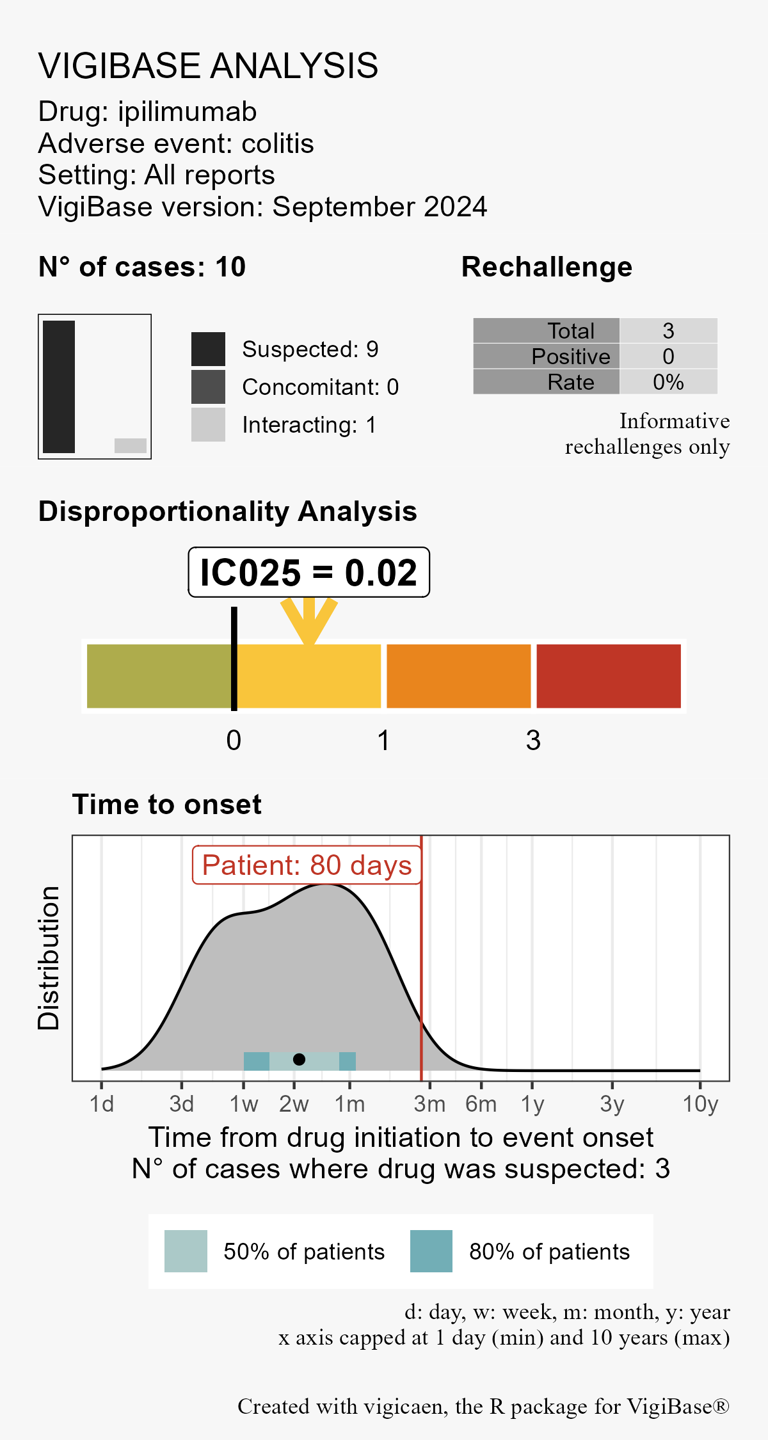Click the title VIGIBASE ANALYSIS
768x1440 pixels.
[x=208, y=66]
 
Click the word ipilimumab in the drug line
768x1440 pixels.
[x=187, y=112]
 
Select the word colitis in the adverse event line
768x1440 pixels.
[x=278, y=144]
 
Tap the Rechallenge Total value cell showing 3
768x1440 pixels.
[x=668, y=331]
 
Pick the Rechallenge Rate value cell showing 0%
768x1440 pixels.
[x=668, y=382]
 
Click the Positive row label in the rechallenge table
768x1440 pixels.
[x=571, y=356]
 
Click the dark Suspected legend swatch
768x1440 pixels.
[x=208, y=349]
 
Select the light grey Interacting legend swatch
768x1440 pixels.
[x=208, y=424]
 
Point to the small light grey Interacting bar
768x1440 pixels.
[x=131, y=445]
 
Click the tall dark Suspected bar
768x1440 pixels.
[x=59, y=387]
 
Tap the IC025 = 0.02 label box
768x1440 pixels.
[x=308, y=572]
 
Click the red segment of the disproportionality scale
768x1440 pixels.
[x=608, y=676]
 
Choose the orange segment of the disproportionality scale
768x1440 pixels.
[x=458, y=676]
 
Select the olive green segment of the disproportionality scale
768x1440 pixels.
[x=159, y=676]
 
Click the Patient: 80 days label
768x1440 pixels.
[x=307, y=865]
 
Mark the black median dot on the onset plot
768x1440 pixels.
[x=299, y=1059]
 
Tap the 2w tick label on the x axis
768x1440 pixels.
[x=294, y=1104]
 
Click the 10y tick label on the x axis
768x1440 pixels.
[x=700, y=1104]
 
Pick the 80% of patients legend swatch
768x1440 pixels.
[x=431, y=1251]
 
